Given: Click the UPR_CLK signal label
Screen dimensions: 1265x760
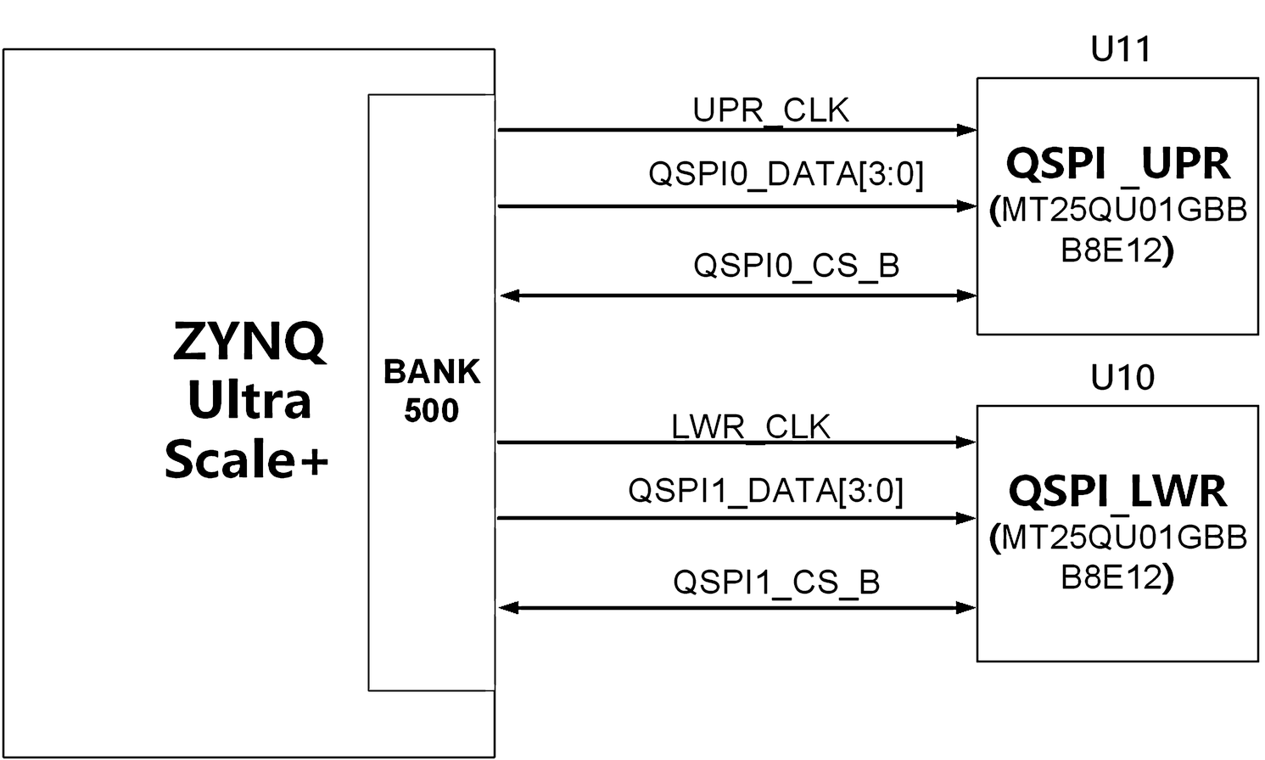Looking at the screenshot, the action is pyautogui.click(x=771, y=110).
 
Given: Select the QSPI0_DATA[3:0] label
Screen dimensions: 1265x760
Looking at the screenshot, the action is pyautogui.click(x=786, y=174).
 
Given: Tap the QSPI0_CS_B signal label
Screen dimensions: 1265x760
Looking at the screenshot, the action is pyautogui.click(x=797, y=266).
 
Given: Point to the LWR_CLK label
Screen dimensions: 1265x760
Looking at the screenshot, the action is pyautogui.click(x=751, y=426).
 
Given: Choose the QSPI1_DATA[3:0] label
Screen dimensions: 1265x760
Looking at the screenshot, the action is pyautogui.click(x=766, y=491).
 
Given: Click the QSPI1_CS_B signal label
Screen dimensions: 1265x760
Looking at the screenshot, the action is pyautogui.click(x=776, y=582).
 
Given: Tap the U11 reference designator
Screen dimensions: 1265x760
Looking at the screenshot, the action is pyautogui.click(x=1121, y=49).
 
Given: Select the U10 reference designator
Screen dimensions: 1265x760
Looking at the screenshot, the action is pyautogui.click(x=1122, y=378).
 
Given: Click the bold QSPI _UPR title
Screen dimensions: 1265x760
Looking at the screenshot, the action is pyautogui.click(x=1118, y=165).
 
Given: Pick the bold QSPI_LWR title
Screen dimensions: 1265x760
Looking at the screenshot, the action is pyautogui.click(x=1117, y=492).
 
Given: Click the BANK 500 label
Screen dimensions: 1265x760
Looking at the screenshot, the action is pyautogui.click(x=432, y=391).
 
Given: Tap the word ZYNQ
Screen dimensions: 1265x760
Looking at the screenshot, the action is pyautogui.click(x=249, y=342).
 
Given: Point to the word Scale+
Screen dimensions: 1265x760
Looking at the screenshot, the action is pyautogui.click(x=247, y=459).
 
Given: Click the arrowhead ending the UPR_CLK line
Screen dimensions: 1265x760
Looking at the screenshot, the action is pyautogui.click(x=967, y=131).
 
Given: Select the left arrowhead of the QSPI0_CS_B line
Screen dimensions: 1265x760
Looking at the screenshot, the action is pyautogui.click(x=510, y=296).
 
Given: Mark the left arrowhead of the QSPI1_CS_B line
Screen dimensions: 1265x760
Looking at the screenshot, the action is pyautogui.click(x=509, y=608).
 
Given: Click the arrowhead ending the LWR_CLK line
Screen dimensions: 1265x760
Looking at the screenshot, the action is pyautogui.click(x=966, y=442).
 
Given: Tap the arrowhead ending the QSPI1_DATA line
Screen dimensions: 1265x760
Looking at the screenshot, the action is pyautogui.click(x=966, y=518).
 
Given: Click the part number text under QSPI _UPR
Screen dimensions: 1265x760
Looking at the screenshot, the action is pyautogui.click(x=1118, y=230).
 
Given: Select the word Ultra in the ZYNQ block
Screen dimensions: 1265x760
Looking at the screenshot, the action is pyautogui.click(x=249, y=401).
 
